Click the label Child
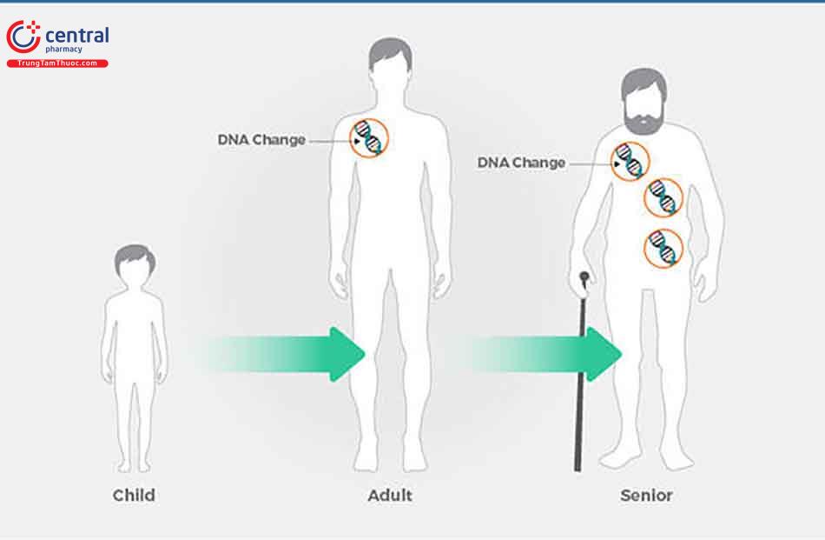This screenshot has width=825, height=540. coord(134,496)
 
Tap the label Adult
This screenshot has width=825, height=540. coord(390,496)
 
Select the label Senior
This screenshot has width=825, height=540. coord(646,496)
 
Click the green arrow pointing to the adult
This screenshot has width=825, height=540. coord(287,354)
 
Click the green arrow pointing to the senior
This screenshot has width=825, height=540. coord(547,354)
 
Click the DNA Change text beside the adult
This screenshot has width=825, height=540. coord(261,140)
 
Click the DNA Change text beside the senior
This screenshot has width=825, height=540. coord(521,163)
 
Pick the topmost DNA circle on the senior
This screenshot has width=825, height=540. coord(630,162)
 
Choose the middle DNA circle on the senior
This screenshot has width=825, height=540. coord(663,197)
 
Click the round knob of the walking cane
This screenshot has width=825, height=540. coord(584,278)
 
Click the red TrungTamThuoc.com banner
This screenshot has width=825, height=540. coord(57,63)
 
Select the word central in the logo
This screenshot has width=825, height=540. coord(76,36)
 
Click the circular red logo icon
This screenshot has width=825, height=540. coord(23,37)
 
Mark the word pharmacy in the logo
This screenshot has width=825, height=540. coord(64,50)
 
